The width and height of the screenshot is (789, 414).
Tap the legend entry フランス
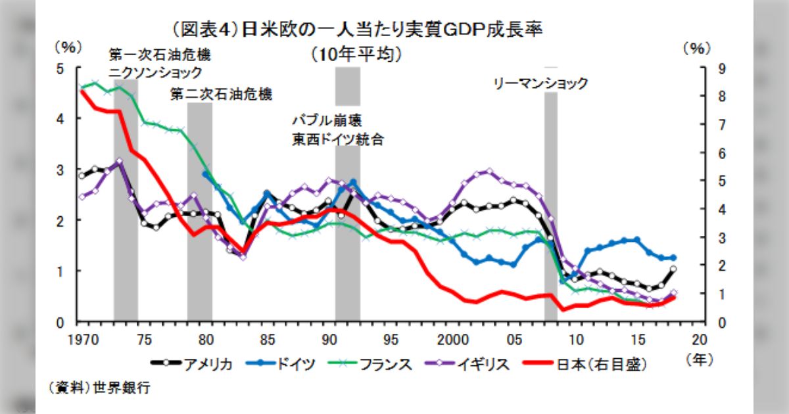click(x=375, y=363)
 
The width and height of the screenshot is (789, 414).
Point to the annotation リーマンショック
click(x=540, y=84)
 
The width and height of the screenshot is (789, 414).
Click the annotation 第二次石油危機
click(x=221, y=94)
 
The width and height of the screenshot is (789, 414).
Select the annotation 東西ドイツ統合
click(x=338, y=139)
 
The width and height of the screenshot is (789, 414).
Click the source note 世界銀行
click(x=121, y=388)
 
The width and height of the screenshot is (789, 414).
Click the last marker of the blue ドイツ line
click(x=673, y=258)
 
